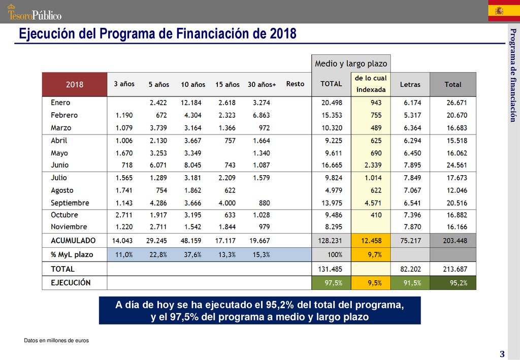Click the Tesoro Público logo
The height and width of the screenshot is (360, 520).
tap(35, 12)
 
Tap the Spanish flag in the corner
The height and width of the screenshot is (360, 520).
tap(504, 11)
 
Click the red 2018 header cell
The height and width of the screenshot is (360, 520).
tap(75, 84)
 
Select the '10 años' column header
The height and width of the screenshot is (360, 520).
tap(193, 84)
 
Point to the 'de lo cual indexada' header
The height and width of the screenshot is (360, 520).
tap(371, 84)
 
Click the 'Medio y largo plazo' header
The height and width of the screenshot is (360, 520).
tap(351, 63)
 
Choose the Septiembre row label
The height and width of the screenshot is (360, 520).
tap(70, 203)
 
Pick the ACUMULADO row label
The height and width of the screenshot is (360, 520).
tap(73, 241)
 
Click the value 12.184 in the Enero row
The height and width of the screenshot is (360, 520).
tap(191, 103)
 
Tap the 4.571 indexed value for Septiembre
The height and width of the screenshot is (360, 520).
tap(373, 203)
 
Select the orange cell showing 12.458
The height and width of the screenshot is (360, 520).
tap(371, 241)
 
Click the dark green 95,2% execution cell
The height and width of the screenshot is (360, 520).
tap(453, 283)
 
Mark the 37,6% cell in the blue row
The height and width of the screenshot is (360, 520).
tap(192, 254)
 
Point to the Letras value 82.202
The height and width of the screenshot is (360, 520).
tap(410, 269)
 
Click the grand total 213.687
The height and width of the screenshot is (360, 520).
tap(455, 269)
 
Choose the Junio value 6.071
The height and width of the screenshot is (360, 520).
tap(158, 165)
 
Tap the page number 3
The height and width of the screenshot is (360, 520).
tap(502, 354)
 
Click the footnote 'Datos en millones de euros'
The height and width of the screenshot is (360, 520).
tap(56, 340)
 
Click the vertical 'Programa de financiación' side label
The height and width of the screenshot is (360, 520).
tap(513, 75)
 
